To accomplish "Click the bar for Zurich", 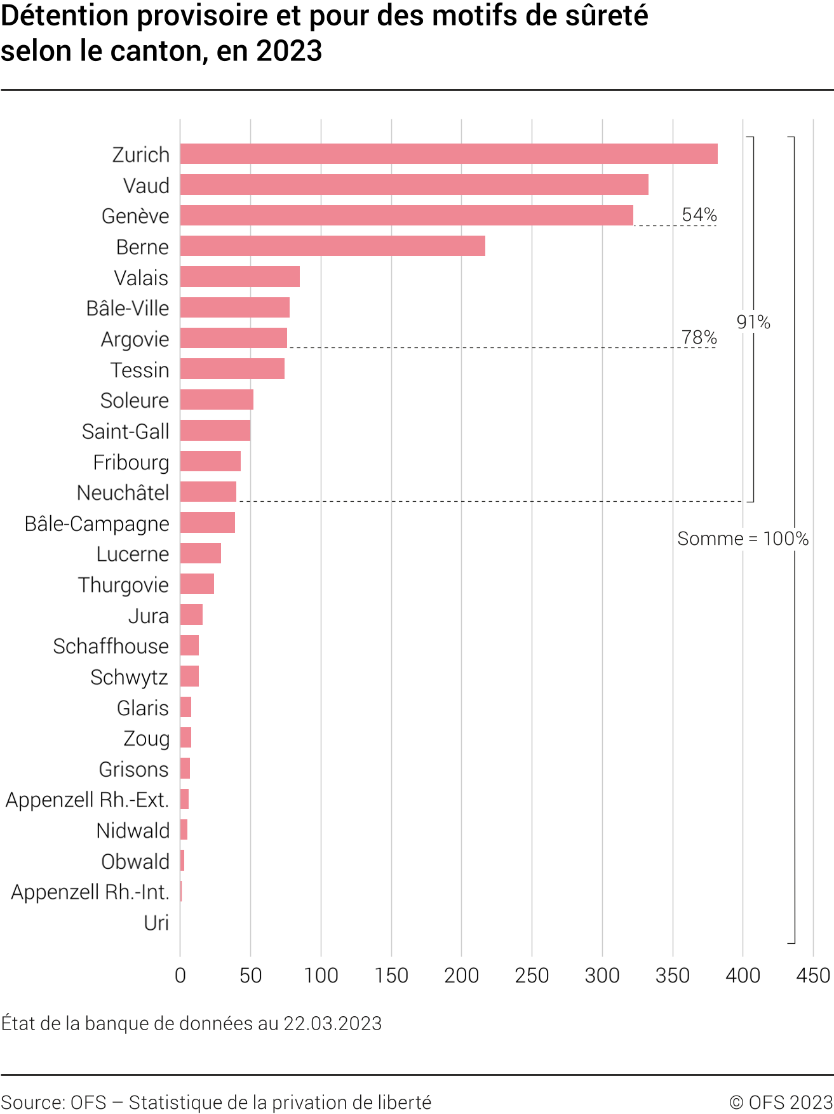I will [448, 154].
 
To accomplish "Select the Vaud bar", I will [414, 185].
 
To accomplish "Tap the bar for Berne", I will [332, 246].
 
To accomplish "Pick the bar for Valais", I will [239, 277].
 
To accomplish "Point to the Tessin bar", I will [232, 369].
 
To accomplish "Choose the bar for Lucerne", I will [200, 553].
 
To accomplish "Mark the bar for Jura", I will [191, 615].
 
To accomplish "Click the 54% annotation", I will [699, 215].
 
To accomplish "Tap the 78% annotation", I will [699, 337].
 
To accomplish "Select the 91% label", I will [753, 322].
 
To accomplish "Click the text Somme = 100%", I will [743, 539].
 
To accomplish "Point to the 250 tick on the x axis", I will [532, 976].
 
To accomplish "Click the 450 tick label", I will [813, 976].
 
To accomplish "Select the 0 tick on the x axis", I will [180, 976].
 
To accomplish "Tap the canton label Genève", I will [135, 216].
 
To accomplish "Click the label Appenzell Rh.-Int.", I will [90, 892].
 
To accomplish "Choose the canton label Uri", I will [156, 923].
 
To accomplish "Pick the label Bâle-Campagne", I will [97, 523].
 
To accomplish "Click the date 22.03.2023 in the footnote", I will [332, 1023].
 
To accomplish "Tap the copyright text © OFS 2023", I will [781, 1102].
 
